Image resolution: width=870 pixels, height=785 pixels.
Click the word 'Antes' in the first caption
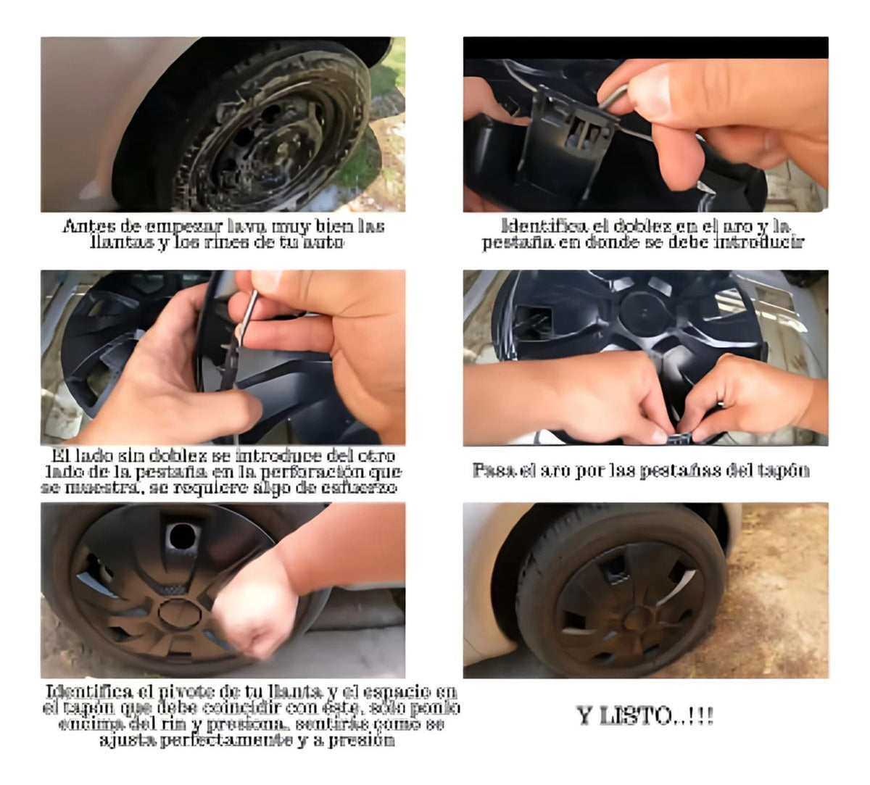click(82, 227)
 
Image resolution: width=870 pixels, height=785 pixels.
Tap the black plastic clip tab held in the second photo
click(573, 130)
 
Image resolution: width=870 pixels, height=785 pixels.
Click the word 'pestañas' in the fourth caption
click(671, 470)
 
